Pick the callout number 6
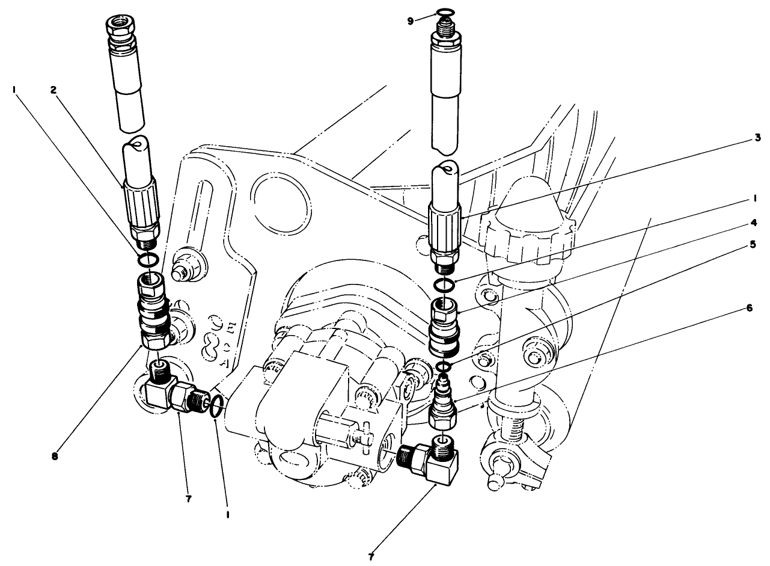[x=749, y=307]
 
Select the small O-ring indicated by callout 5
[x=444, y=366]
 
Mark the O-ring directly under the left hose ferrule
[x=148, y=260]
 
